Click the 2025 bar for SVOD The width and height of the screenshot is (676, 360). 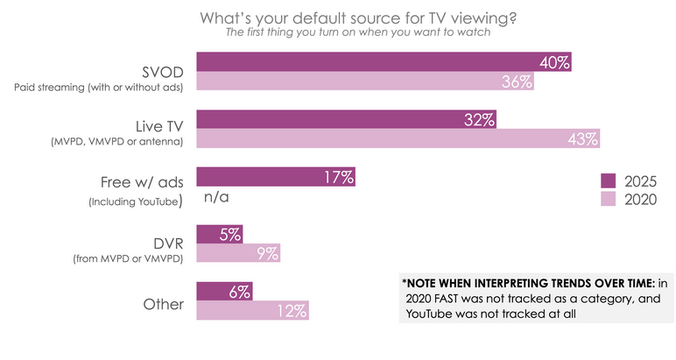point(384,62)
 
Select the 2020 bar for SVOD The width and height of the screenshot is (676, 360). point(365,81)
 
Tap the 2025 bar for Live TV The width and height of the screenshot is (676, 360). point(347,119)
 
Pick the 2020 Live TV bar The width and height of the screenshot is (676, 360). point(398,138)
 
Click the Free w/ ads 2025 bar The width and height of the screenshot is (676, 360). point(276,177)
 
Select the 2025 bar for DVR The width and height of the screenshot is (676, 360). point(220,234)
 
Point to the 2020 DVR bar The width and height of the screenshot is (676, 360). point(238,254)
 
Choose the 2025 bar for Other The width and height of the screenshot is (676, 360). point(224,292)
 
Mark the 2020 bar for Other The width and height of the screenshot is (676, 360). point(252,311)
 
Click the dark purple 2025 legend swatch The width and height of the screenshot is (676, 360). point(608,180)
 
